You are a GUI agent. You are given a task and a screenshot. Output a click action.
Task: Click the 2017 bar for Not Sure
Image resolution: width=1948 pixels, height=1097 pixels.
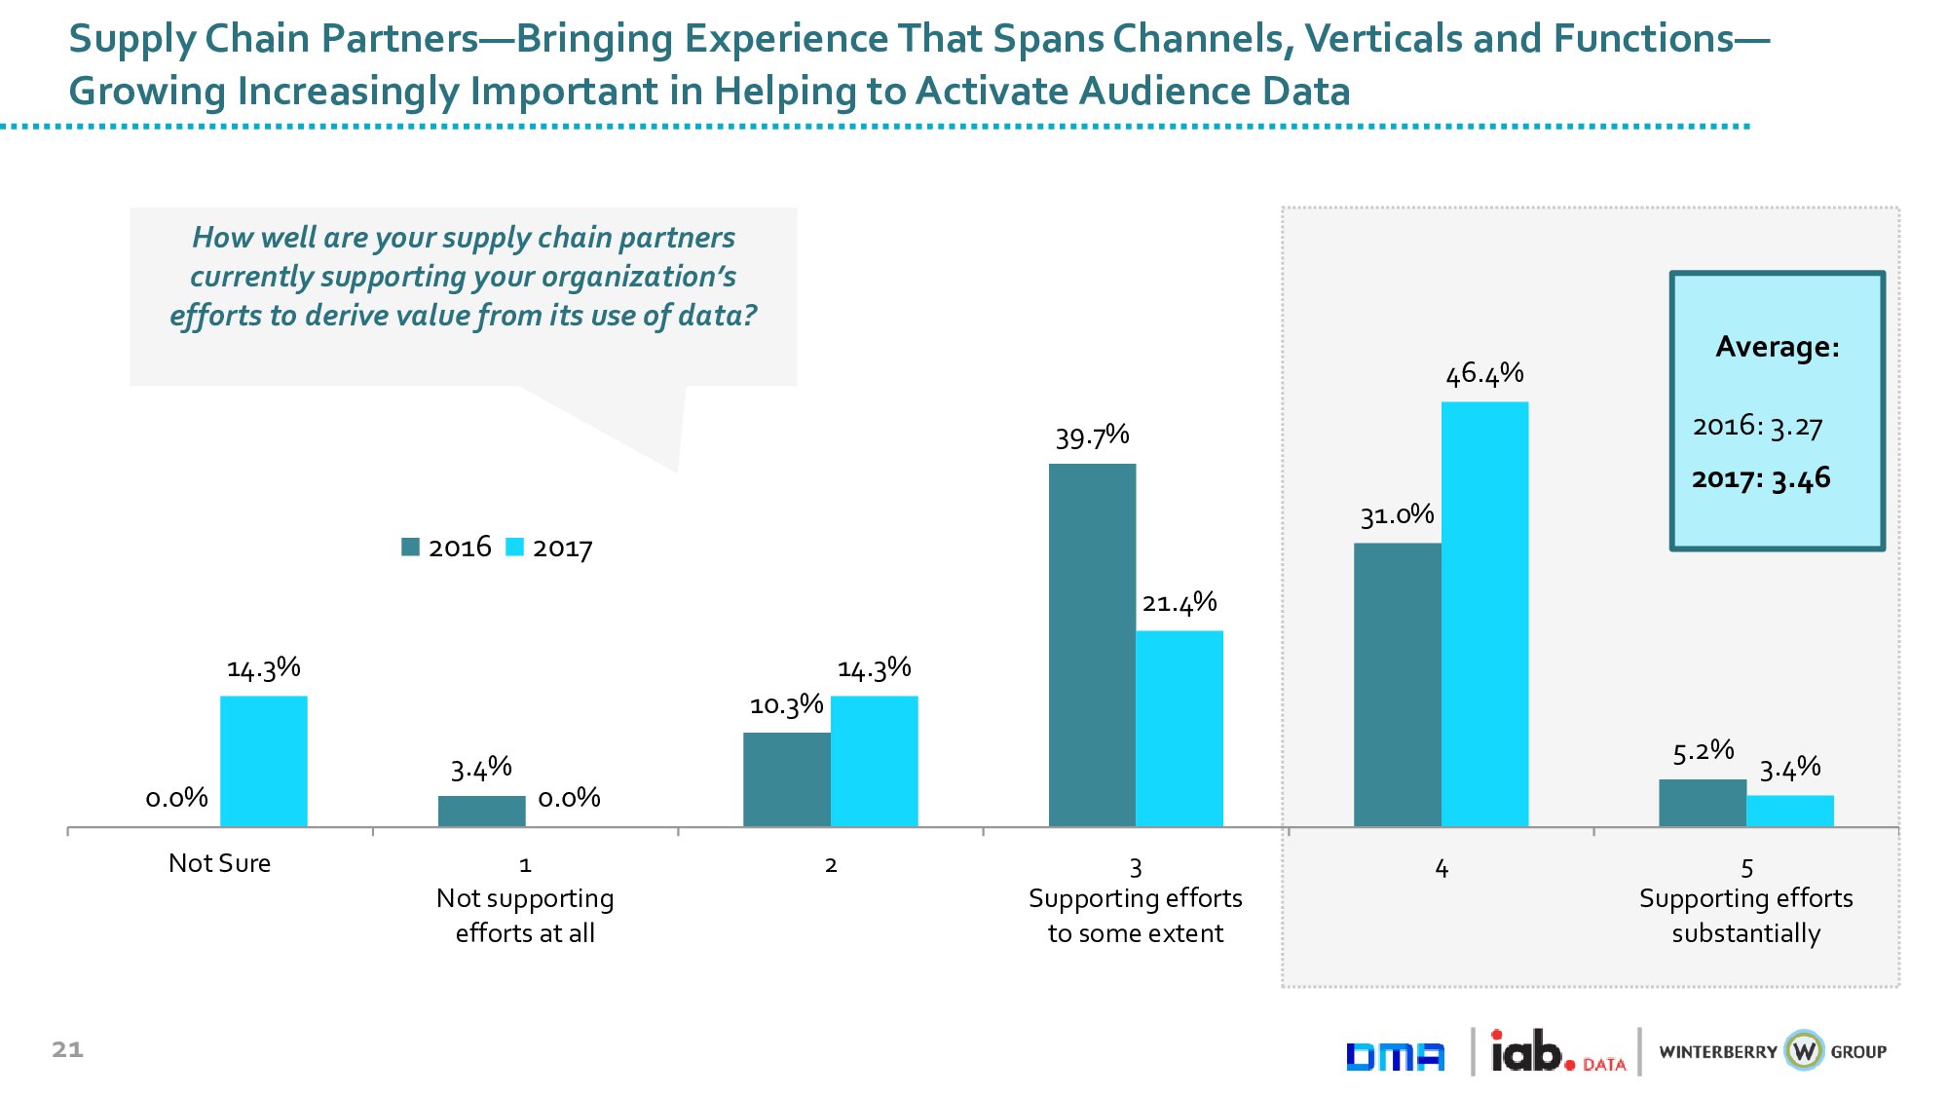263,761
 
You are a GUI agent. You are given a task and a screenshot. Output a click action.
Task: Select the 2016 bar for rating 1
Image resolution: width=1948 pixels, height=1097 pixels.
481,811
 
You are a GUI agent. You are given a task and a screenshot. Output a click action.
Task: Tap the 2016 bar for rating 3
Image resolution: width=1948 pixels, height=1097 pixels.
1092,645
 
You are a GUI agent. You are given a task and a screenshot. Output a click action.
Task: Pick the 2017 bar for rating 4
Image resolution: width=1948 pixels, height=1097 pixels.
1484,614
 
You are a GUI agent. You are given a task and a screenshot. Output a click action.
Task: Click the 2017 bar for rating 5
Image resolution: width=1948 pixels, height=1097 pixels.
1789,811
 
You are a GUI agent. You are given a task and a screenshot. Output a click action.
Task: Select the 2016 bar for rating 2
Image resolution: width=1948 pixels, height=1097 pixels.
786,779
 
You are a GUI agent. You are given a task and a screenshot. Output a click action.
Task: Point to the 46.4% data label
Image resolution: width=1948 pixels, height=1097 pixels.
1484,374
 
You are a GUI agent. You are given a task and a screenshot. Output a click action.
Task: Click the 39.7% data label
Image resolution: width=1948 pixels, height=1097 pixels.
1092,436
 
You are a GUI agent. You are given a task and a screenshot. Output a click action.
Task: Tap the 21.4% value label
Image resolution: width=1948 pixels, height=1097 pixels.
1179,603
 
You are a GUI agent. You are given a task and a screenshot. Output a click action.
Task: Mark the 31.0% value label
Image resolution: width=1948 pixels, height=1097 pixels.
1397,515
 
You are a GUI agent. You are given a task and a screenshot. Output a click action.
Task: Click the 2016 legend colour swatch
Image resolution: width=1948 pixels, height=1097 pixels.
410,548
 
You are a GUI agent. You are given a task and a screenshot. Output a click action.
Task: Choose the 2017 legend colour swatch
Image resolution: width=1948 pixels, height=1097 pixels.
514,548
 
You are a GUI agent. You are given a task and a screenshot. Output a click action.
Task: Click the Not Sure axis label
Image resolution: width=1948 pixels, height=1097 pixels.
219,863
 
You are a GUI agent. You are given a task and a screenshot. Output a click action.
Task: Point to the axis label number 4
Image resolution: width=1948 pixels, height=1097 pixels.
1442,868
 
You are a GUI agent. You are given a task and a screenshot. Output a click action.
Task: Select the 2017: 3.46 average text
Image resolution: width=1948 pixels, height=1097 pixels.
1761,479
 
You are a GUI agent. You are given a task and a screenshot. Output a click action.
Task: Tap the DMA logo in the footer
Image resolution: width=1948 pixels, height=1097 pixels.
1395,1056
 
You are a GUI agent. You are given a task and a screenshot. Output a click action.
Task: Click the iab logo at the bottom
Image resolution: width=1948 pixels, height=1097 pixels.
1531,1052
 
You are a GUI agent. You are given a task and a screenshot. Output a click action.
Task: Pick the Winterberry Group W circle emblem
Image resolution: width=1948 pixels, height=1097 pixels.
1804,1051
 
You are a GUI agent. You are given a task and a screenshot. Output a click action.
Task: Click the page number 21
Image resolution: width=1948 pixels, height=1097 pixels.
67,1049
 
